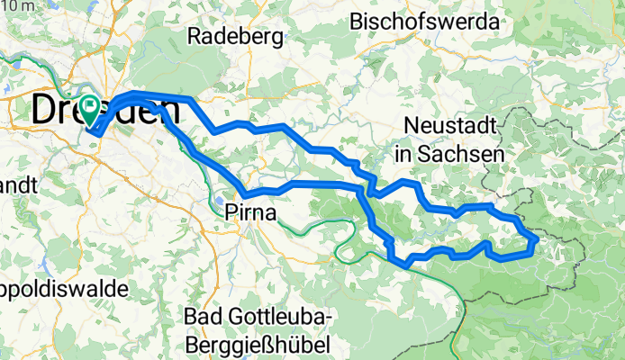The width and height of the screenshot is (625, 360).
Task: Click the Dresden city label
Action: pos(104,111)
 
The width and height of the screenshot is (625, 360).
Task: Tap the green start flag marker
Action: pos(92,107)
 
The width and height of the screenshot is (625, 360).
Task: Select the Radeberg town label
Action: pos(236,37)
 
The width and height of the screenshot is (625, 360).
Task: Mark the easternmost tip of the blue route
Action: pos(538,239)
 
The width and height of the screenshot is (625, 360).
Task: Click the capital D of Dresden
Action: pos(45,111)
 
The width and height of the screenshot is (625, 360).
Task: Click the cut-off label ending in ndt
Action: pos(18,185)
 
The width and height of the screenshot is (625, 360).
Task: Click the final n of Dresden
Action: pos(168,111)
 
